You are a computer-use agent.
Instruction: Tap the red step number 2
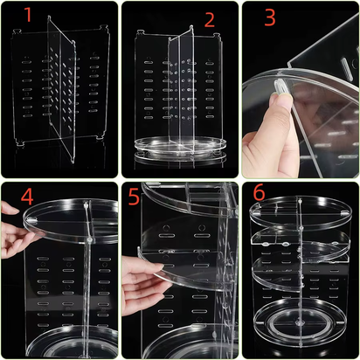pos(209,19)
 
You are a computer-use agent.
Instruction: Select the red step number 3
pos(269,18)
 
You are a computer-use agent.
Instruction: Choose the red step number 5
pos(134,198)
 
